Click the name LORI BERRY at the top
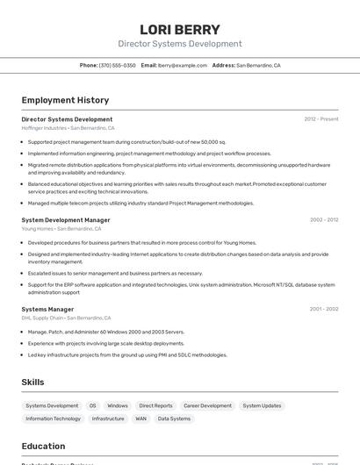[x=180, y=29]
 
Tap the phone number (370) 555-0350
[x=118, y=65]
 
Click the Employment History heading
[x=65, y=100]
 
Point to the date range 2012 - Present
[x=321, y=119]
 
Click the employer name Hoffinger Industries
[x=44, y=128]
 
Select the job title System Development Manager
[x=66, y=220]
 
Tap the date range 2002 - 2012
[x=324, y=220]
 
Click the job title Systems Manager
[x=47, y=309]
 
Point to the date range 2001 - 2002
[x=324, y=309]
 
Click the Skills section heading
[x=32, y=383]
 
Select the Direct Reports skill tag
[x=156, y=406]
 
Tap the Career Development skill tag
[x=207, y=406]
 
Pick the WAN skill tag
[x=140, y=419]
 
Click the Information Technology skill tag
[x=53, y=419]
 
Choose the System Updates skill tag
[x=263, y=406]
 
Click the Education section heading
[x=43, y=447]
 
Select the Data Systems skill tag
[x=174, y=419]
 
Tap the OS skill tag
[x=92, y=406]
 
